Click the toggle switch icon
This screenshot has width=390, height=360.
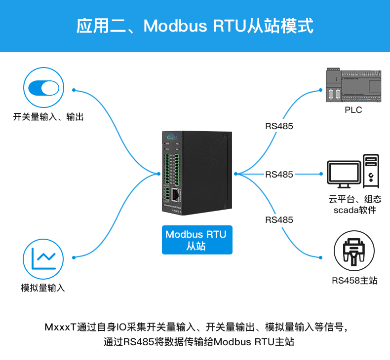43,88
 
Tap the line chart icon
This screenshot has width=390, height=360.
43,258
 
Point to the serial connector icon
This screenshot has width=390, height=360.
353,251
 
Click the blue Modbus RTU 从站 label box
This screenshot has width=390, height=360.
196,240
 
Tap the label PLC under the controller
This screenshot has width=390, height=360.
353,110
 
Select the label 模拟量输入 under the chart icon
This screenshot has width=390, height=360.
43,288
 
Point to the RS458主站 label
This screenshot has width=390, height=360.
354,281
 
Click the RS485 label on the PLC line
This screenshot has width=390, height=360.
279,126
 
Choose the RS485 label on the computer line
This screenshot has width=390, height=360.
279,174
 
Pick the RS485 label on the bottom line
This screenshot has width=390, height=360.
279,219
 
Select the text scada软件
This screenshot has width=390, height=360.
354,210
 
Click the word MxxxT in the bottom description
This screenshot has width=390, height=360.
59,327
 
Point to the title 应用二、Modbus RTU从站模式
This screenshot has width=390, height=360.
195,26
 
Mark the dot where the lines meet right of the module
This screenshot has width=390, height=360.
236,174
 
